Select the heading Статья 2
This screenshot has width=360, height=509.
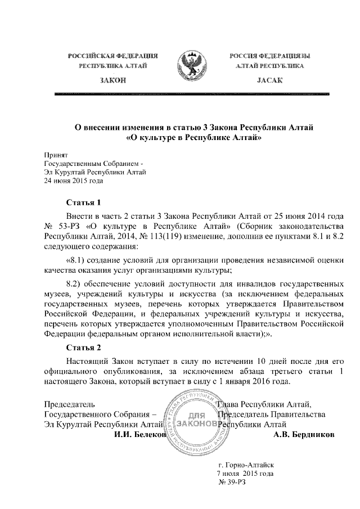[83, 347]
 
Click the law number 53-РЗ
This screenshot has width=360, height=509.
[71, 226]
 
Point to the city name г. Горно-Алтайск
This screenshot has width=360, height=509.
[245, 465]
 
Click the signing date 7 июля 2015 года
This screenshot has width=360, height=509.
[245, 474]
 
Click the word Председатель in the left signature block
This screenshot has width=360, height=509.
[69, 404]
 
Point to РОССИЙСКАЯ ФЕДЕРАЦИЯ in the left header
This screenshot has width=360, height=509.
[112, 56]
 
